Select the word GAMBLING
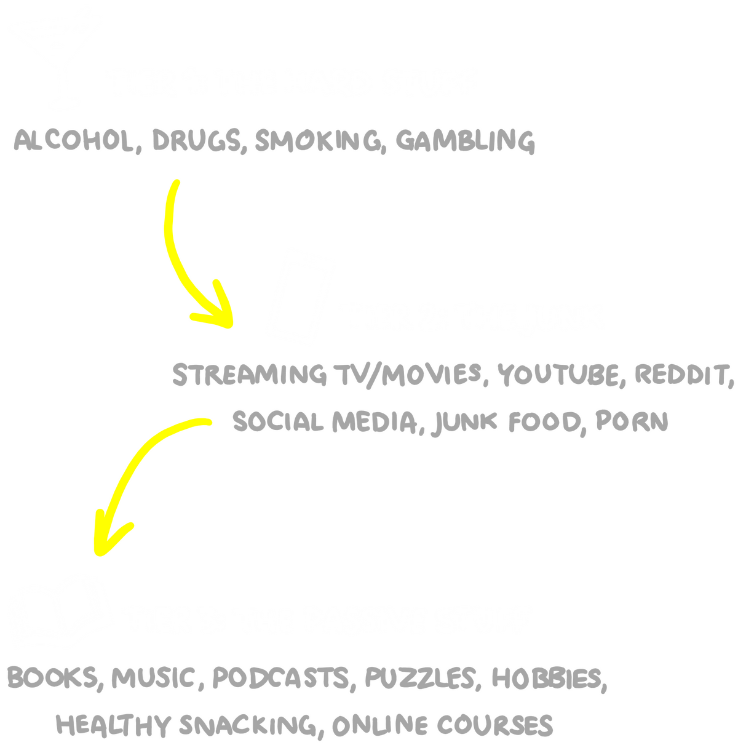coord(465,141)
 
